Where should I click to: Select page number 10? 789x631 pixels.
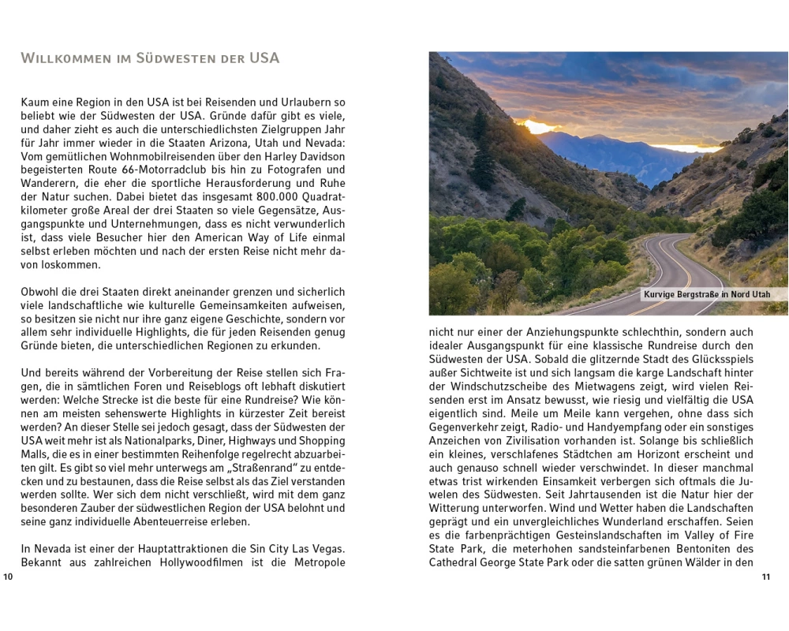[9, 577]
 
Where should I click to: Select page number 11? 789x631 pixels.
[765, 577]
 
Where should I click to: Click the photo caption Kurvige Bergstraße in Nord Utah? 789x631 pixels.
[706, 294]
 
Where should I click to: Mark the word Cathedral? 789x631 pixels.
[456, 562]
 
